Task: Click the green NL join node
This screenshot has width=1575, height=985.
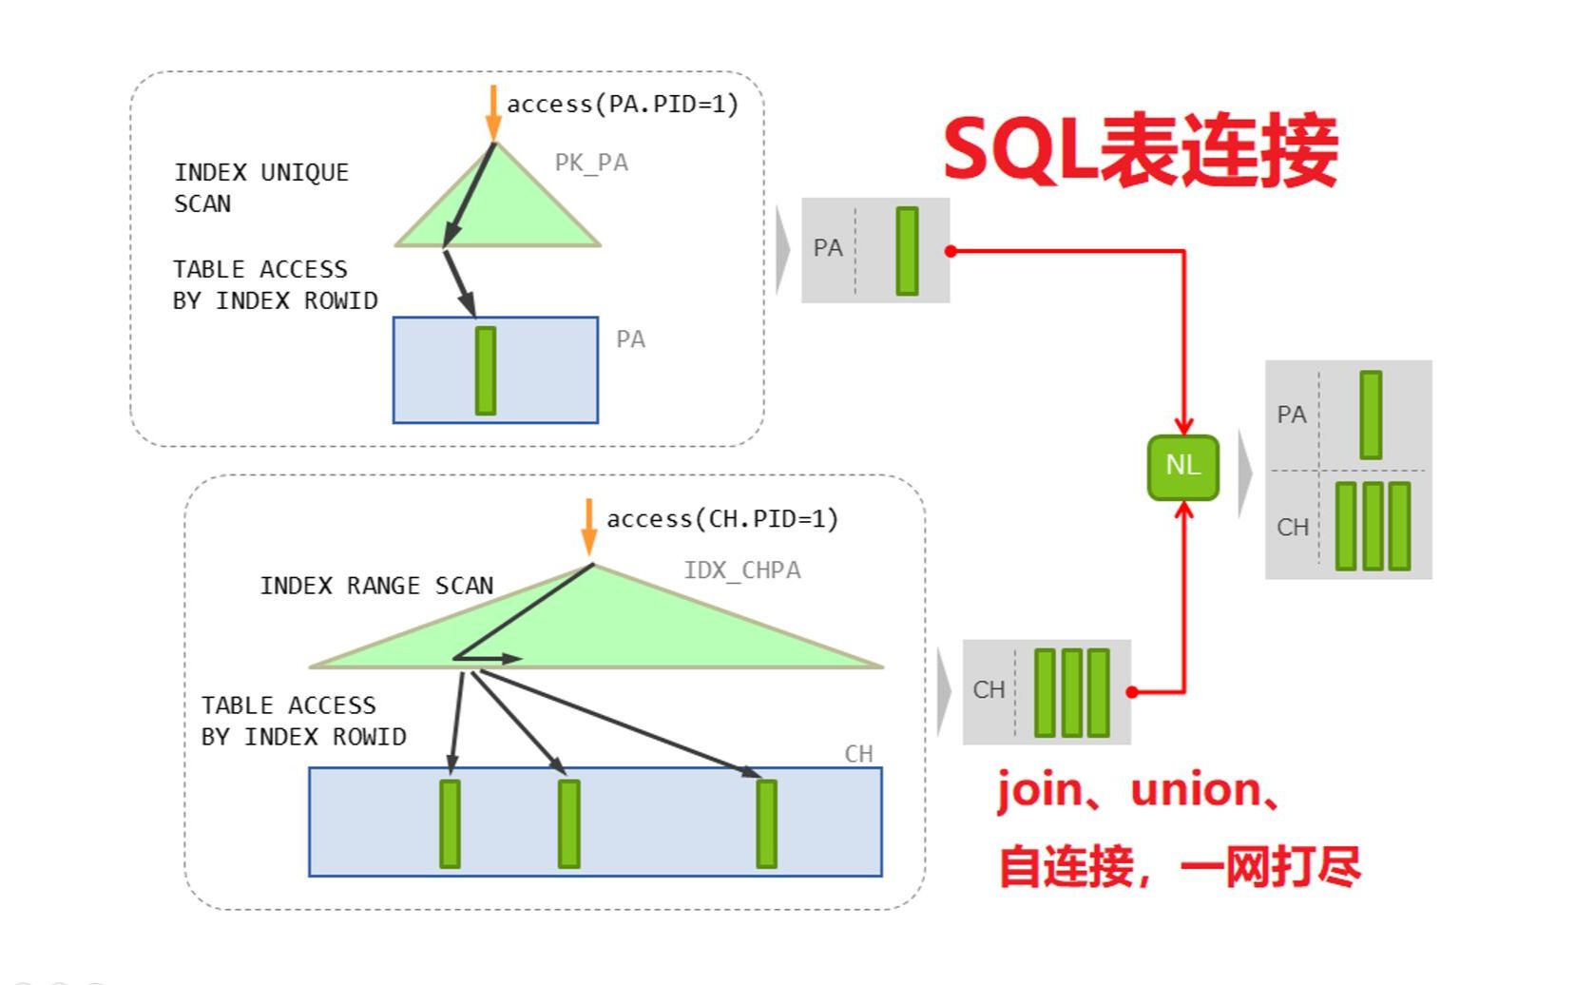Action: (1182, 467)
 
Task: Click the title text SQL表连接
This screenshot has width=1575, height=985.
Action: (1140, 151)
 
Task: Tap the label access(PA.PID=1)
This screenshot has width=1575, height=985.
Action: (622, 105)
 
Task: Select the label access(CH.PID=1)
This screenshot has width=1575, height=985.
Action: (721, 519)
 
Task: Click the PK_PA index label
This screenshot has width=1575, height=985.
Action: (591, 163)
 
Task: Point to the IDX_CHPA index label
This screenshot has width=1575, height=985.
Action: (741, 570)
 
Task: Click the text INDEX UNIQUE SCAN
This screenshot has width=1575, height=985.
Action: (260, 187)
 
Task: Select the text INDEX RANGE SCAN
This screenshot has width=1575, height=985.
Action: (376, 586)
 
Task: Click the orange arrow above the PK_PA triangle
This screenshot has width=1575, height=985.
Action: (492, 112)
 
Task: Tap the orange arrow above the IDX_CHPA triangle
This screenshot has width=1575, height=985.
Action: (588, 526)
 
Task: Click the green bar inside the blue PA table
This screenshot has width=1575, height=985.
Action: (485, 371)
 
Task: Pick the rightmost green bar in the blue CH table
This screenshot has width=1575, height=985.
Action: (766, 823)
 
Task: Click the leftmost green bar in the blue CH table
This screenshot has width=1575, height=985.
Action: (450, 823)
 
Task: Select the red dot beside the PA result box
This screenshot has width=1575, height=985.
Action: (951, 251)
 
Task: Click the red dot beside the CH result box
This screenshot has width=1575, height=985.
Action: (1131, 692)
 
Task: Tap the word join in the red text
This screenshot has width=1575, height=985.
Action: (1039, 791)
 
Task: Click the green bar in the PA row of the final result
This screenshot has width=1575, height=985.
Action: (1370, 415)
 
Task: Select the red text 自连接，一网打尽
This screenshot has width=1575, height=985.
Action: (1179, 867)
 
